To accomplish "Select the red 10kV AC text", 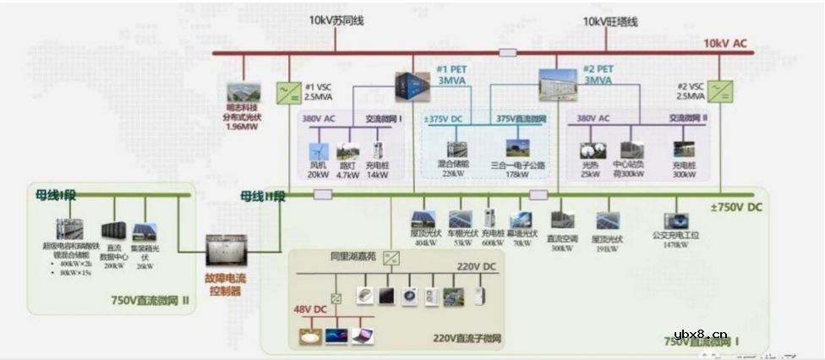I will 727,42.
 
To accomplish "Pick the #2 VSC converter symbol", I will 720,90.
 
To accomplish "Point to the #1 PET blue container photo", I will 412,85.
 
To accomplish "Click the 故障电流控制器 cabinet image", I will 226,251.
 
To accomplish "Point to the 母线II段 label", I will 264,196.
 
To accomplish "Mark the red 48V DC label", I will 309,309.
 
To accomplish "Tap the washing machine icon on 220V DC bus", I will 409,295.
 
